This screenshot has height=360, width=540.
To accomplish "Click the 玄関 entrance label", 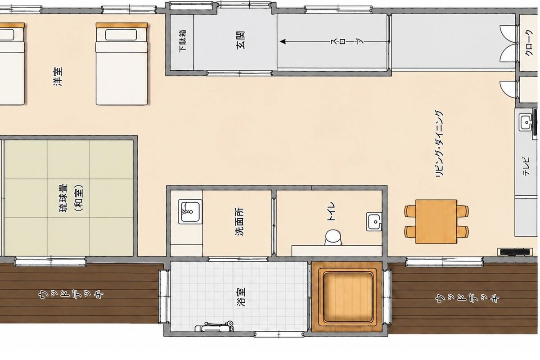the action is (241, 40).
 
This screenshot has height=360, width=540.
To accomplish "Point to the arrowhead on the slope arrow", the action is (283, 41).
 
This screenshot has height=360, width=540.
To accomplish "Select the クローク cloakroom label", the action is (529, 43).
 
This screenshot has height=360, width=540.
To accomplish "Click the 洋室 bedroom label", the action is (58, 76).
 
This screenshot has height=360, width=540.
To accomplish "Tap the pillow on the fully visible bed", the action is (121, 35).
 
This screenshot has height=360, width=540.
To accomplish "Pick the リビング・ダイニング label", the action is (439, 144).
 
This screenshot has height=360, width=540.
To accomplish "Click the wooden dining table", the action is (436, 221).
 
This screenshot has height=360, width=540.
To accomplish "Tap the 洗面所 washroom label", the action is (239, 221).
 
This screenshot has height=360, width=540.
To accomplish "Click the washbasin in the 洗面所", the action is (190, 211).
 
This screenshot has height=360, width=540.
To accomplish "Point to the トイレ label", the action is (331, 211).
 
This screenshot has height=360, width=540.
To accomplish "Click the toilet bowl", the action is (333, 238).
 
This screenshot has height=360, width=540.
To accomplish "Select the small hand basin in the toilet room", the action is (374, 222).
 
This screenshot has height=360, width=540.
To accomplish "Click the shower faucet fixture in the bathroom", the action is (214, 326).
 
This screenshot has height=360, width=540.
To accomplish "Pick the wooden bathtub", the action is (346, 297).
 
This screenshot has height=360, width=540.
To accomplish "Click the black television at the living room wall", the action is (515, 252).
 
